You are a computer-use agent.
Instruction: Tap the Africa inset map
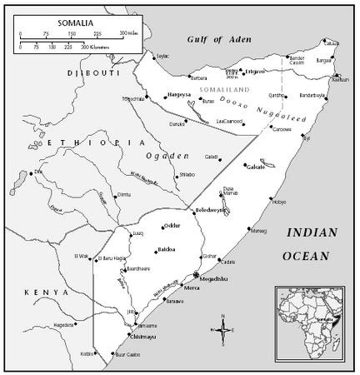tap(313, 322)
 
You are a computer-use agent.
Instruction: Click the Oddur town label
tap(172, 225)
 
